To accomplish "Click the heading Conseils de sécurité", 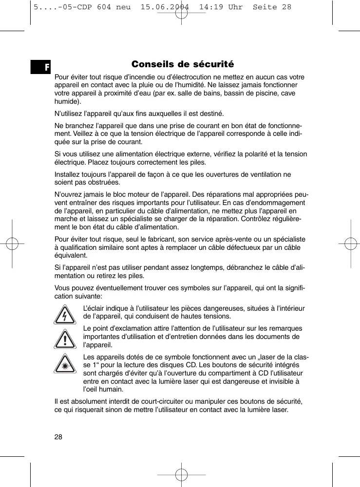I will (183, 64).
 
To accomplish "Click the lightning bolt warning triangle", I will (65, 314).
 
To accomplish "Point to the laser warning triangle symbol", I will (65, 364).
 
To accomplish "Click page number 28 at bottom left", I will (58, 436).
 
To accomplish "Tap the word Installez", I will (69, 174).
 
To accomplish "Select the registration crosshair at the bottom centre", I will (181, 473).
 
